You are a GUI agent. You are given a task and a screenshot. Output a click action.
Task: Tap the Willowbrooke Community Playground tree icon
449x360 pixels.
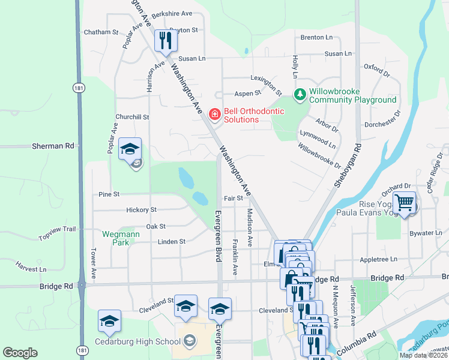click(300, 95)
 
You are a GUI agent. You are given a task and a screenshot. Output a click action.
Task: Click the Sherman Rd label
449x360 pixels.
click(61, 146)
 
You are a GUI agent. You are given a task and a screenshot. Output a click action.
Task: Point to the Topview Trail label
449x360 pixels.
click(58, 233)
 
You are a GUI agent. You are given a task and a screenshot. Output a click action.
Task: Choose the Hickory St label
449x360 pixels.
click(141, 210)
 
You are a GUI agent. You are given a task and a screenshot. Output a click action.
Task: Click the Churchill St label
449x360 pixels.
click(132, 117)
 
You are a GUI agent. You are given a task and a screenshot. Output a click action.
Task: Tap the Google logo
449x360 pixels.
click(20, 353)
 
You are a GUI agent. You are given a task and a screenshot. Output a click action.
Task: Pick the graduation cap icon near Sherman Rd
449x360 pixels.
click(129, 150)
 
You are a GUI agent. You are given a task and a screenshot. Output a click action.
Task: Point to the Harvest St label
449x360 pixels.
click(31, 266)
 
